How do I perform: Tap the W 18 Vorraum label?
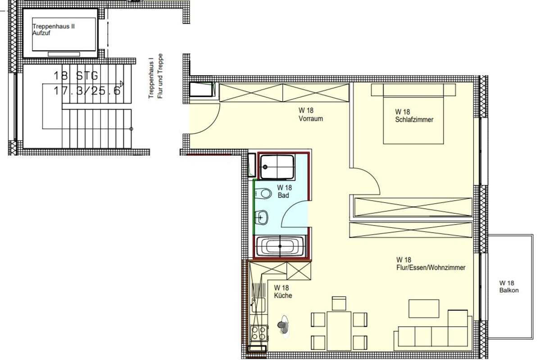[x=311, y=115]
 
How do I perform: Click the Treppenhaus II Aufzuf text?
[x=54, y=30]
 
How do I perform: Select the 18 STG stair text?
[x=76, y=75]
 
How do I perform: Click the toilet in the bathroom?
[x=263, y=193]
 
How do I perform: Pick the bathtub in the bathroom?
[x=280, y=247]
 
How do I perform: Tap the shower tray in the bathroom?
[x=277, y=167]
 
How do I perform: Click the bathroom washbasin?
[x=262, y=217]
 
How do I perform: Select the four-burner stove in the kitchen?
[x=259, y=333]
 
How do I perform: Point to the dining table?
[x=339, y=330]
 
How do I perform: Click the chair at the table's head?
[x=339, y=303]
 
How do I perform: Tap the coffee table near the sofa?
[x=424, y=308]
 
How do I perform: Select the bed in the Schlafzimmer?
[x=413, y=113]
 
